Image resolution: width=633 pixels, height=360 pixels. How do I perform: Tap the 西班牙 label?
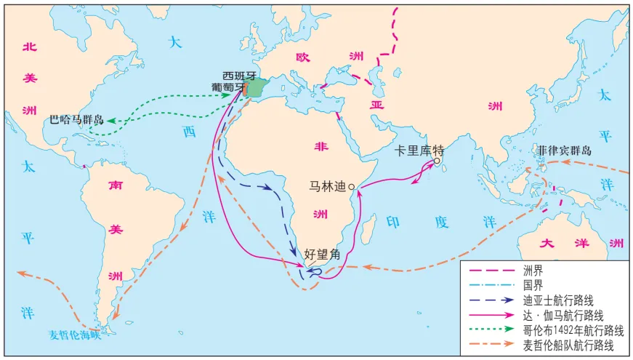point(240,75)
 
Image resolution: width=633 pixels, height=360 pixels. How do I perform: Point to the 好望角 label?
point(320,255)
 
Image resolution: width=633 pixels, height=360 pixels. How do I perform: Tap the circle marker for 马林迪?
point(352,187)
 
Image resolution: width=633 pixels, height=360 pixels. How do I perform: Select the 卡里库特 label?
point(418,151)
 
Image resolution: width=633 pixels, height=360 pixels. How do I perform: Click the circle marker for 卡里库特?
point(437,161)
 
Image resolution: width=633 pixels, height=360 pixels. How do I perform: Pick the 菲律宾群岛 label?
point(565,151)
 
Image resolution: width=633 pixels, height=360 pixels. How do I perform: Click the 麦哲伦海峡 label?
point(72,335)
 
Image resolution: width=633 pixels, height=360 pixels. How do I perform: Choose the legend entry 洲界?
point(532,270)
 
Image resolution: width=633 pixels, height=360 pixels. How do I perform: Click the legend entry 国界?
point(532,284)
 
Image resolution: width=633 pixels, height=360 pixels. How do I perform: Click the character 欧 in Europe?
point(302,57)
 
